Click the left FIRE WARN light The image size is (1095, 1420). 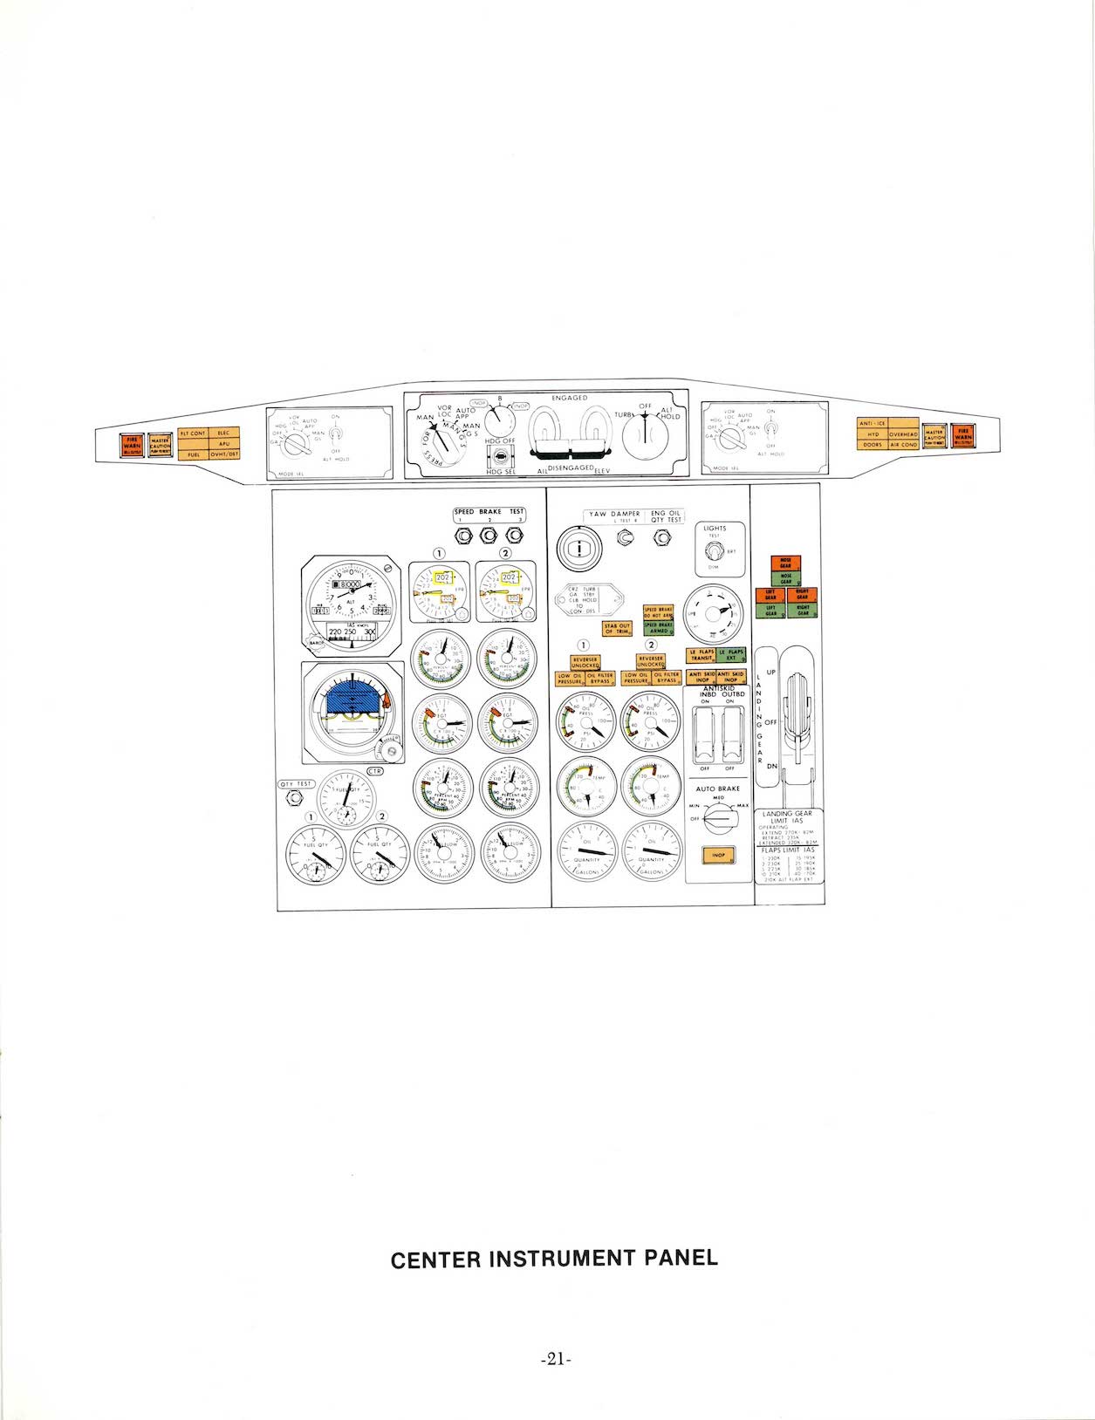[132, 445]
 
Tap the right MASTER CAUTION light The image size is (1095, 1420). [934, 434]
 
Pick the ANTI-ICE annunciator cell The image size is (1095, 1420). [873, 423]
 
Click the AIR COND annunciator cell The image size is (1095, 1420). [904, 445]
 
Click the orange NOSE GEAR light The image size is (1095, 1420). [785, 564]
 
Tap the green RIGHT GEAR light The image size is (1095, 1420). [803, 611]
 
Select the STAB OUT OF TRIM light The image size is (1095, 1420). [617, 628]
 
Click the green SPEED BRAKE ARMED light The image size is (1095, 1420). [658, 627]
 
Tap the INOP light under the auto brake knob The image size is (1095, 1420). [718, 855]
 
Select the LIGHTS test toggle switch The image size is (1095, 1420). [714, 551]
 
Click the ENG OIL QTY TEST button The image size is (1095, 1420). [663, 540]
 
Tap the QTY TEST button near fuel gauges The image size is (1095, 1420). [296, 784]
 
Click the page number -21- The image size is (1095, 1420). [555, 1358]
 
